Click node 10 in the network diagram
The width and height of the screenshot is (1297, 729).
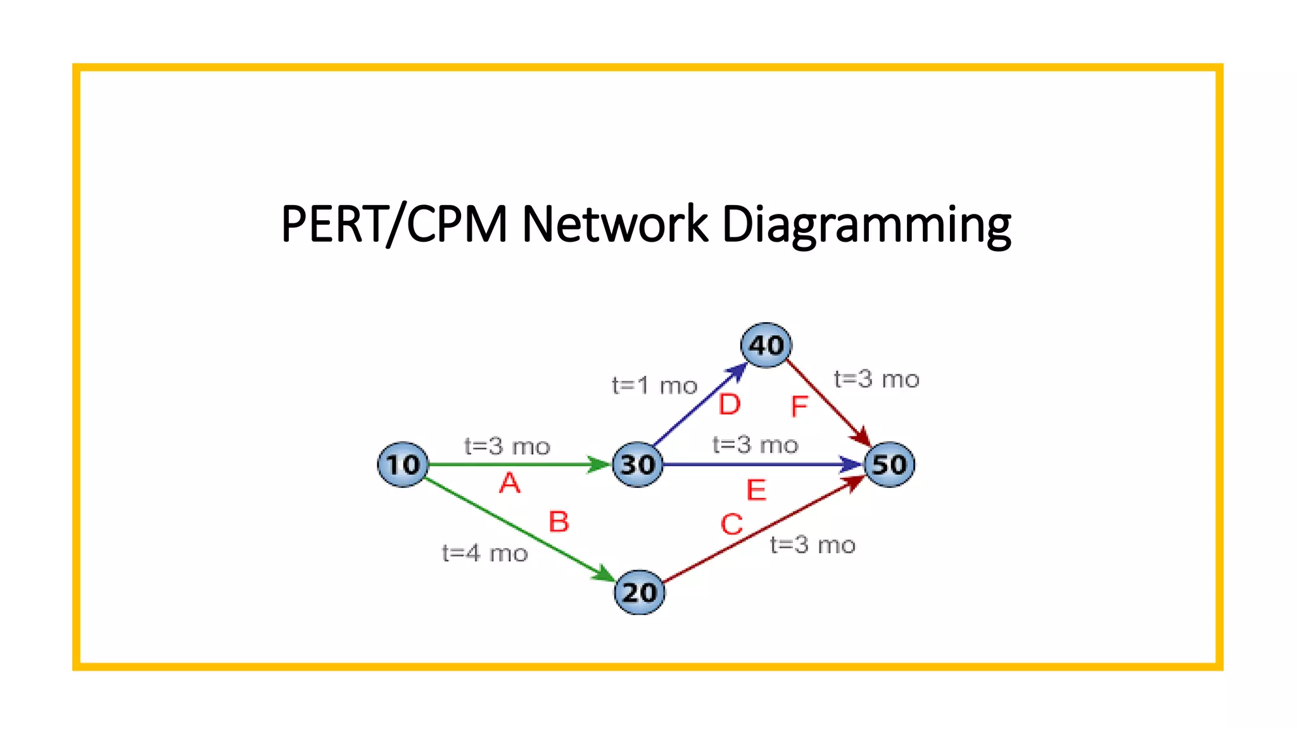click(x=403, y=464)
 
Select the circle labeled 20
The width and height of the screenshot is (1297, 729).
click(x=640, y=592)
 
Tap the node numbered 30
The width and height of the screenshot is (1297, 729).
click(x=638, y=464)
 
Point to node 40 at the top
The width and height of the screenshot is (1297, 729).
click(x=766, y=345)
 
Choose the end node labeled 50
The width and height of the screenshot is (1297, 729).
click(x=890, y=464)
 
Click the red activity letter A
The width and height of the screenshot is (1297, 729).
click(x=510, y=483)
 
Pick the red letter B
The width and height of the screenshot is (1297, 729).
click(x=559, y=522)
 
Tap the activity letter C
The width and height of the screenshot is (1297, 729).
click(x=731, y=524)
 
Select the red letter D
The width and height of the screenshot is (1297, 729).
click(x=730, y=404)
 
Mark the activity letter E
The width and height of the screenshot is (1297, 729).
click(x=756, y=490)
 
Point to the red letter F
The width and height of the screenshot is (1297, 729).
click(x=799, y=406)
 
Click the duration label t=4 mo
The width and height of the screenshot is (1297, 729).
click(x=484, y=553)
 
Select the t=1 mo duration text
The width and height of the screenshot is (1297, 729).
click(x=654, y=385)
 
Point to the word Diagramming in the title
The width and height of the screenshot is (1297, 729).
click(x=866, y=225)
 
